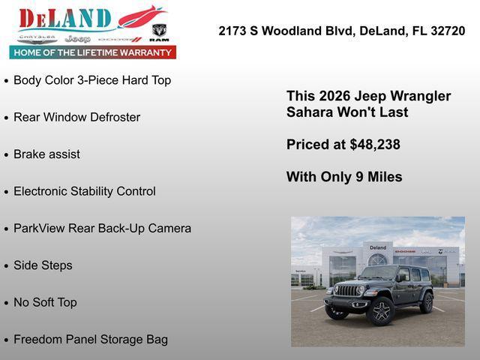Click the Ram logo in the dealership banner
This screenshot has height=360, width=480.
click(x=159, y=31)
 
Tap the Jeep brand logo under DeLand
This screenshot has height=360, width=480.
click(x=77, y=38)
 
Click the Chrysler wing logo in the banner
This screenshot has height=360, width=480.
click(x=37, y=37)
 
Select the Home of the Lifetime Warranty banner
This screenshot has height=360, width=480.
click(x=93, y=52)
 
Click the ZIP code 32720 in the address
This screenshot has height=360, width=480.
click(x=448, y=31)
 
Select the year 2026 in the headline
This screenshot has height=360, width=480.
click(x=335, y=96)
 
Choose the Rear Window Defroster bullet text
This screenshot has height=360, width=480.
click(x=76, y=117)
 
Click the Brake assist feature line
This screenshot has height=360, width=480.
click(x=46, y=154)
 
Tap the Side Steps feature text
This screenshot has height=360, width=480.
click(x=43, y=265)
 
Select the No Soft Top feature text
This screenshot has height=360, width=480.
click(x=45, y=302)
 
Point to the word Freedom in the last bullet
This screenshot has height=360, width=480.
click(x=37, y=339)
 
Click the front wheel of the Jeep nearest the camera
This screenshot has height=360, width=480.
click(x=382, y=311)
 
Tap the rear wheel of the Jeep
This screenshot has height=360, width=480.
click(x=427, y=302)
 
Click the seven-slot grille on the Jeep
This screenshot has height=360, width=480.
click(x=347, y=290)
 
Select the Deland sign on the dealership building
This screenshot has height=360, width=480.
click(x=378, y=247)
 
